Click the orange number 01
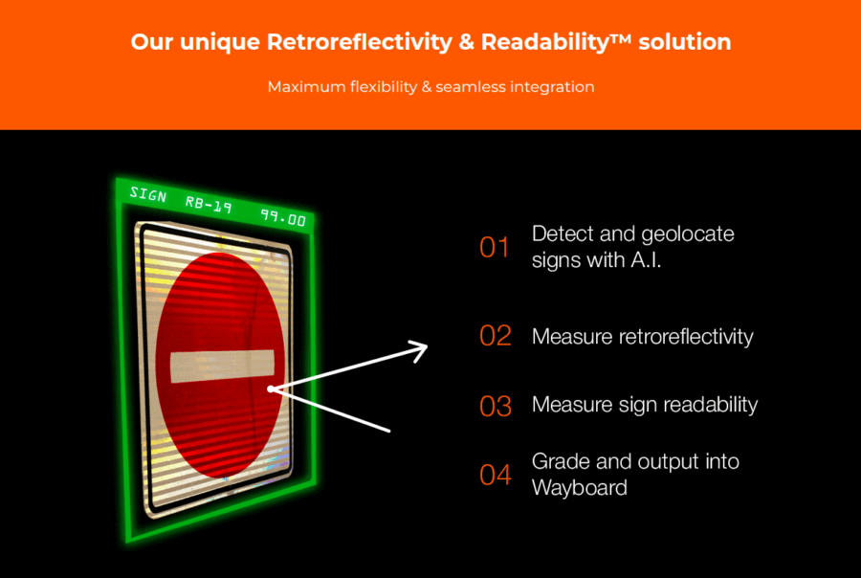[x=495, y=247]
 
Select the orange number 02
[x=496, y=336]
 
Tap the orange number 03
[x=496, y=406]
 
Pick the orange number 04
[x=496, y=475]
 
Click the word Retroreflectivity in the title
[x=360, y=42]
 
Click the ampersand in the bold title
[x=466, y=42]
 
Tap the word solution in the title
[x=685, y=42]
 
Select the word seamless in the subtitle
[x=471, y=87]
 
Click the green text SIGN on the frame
[x=147, y=194]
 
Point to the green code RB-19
[x=209, y=206]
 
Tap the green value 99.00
[x=283, y=218]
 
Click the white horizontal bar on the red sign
[x=222, y=366]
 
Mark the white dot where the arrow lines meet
[x=270, y=389]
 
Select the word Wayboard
[x=580, y=488]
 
